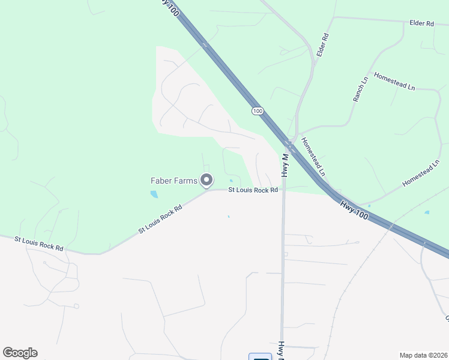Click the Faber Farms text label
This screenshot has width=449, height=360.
173,180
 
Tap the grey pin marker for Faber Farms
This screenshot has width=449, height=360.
207,179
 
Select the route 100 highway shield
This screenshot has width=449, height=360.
258,111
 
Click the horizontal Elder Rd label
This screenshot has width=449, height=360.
421,23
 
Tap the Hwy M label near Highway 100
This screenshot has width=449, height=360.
285,165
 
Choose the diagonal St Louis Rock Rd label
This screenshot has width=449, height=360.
160,220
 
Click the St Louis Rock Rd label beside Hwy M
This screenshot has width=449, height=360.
253,190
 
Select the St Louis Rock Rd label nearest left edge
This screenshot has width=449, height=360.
39,243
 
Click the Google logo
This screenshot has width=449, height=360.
20,353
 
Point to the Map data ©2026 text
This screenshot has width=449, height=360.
423,355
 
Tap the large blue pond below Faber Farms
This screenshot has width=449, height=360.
154,194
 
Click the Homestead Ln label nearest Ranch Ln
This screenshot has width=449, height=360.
394,82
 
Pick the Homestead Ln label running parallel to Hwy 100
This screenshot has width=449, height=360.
313,157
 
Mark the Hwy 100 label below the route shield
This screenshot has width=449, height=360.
354,213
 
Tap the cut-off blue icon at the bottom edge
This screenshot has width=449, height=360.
261,357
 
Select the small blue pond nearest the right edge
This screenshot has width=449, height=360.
427,212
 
